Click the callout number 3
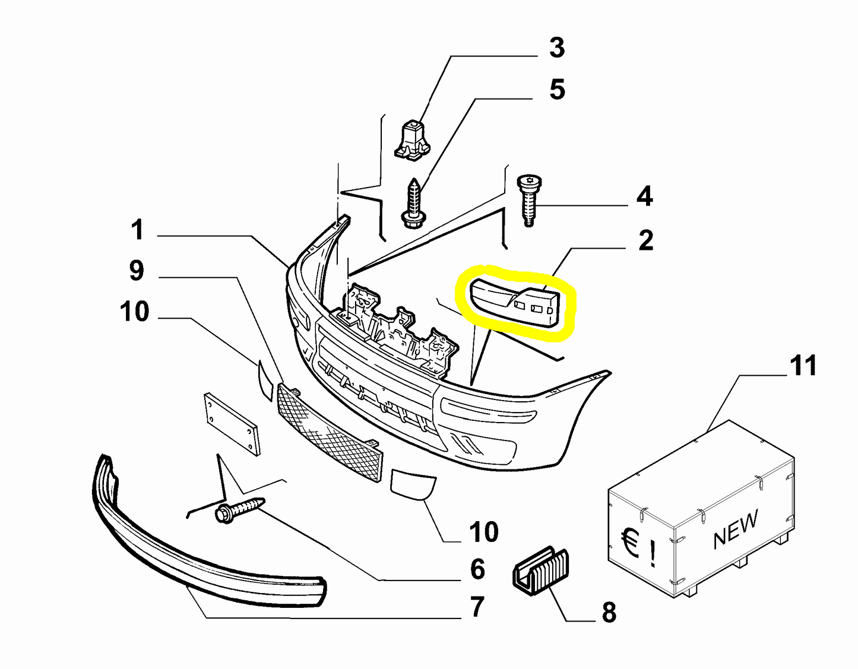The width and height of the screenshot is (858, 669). [x=556, y=47]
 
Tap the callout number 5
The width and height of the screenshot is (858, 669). [x=556, y=90]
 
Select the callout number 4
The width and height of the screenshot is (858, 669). [x=644, y=196]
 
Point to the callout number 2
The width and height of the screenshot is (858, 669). [x=645, y=240]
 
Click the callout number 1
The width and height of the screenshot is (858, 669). [x=137, y=230]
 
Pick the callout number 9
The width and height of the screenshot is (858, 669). [x=137, y=271]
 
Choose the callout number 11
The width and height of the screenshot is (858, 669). [x=803, y=366]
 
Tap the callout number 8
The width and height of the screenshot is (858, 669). [x=609, y=612]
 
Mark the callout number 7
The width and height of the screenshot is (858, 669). [x=477, y=607]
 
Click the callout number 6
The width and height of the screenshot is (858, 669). [x=477, y=569]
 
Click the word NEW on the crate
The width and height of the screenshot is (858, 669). [x=736, y=528]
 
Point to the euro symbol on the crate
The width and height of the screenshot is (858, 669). [x=629, y=543]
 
